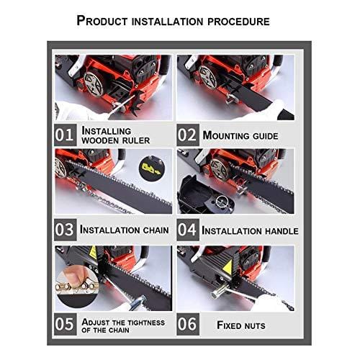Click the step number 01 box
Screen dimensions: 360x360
pos(65,135)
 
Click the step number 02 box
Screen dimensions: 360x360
pos(187,135)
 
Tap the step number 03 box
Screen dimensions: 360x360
pos(65,230)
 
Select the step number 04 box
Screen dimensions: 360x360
pos(187,230)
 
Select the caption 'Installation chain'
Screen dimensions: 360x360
pos(124,230)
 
